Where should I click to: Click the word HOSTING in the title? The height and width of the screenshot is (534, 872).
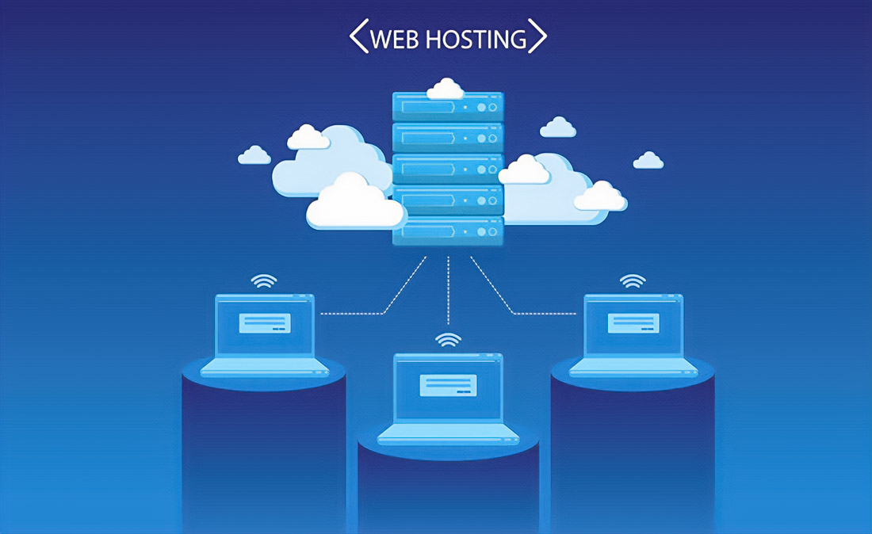pyautogui.click(x=476, y=39)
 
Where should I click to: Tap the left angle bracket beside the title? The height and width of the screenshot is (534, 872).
pyautogui.click(x=359, y=36)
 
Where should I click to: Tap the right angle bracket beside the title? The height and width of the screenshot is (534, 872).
pyautogui.click(x=537, y=36)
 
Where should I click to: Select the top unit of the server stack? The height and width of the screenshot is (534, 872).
pyautogui.click(x=448, y=107)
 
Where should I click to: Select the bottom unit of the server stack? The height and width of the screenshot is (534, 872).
pyautogui.click(x=448, y=231)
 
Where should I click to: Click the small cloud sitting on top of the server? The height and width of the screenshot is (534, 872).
pyautogui.click(x=446, y=89)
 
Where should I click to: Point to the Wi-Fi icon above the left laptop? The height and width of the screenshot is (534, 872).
pyautogui.click(x=264, y=280)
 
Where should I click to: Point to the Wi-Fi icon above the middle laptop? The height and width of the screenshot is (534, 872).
pyautogui.click(x=448, y=339)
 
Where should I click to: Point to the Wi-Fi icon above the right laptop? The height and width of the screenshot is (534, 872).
pyautogui.click(x=633, y=280)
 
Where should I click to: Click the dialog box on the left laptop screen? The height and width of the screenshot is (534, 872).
pyautogui.click(x=265, y=322)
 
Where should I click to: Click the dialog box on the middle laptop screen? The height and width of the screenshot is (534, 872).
pyautogui.click(x=448, y=385)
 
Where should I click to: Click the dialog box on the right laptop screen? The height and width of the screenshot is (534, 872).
pyautogui.click(x=633, y=322)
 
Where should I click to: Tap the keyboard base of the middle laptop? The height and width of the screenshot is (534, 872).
pyautogui.click(x=448, y=434)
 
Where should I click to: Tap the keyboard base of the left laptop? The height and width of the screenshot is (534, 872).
pyautogui.click(x=265, y=368)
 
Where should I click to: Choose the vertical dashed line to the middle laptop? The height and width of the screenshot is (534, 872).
pyautogui.click(x=448, y=290)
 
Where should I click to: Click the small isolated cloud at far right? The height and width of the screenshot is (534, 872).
pyautogui.click(x=648, y=160)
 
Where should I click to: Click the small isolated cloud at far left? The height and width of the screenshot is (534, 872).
pyautogui.click(x=254, y=155)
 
